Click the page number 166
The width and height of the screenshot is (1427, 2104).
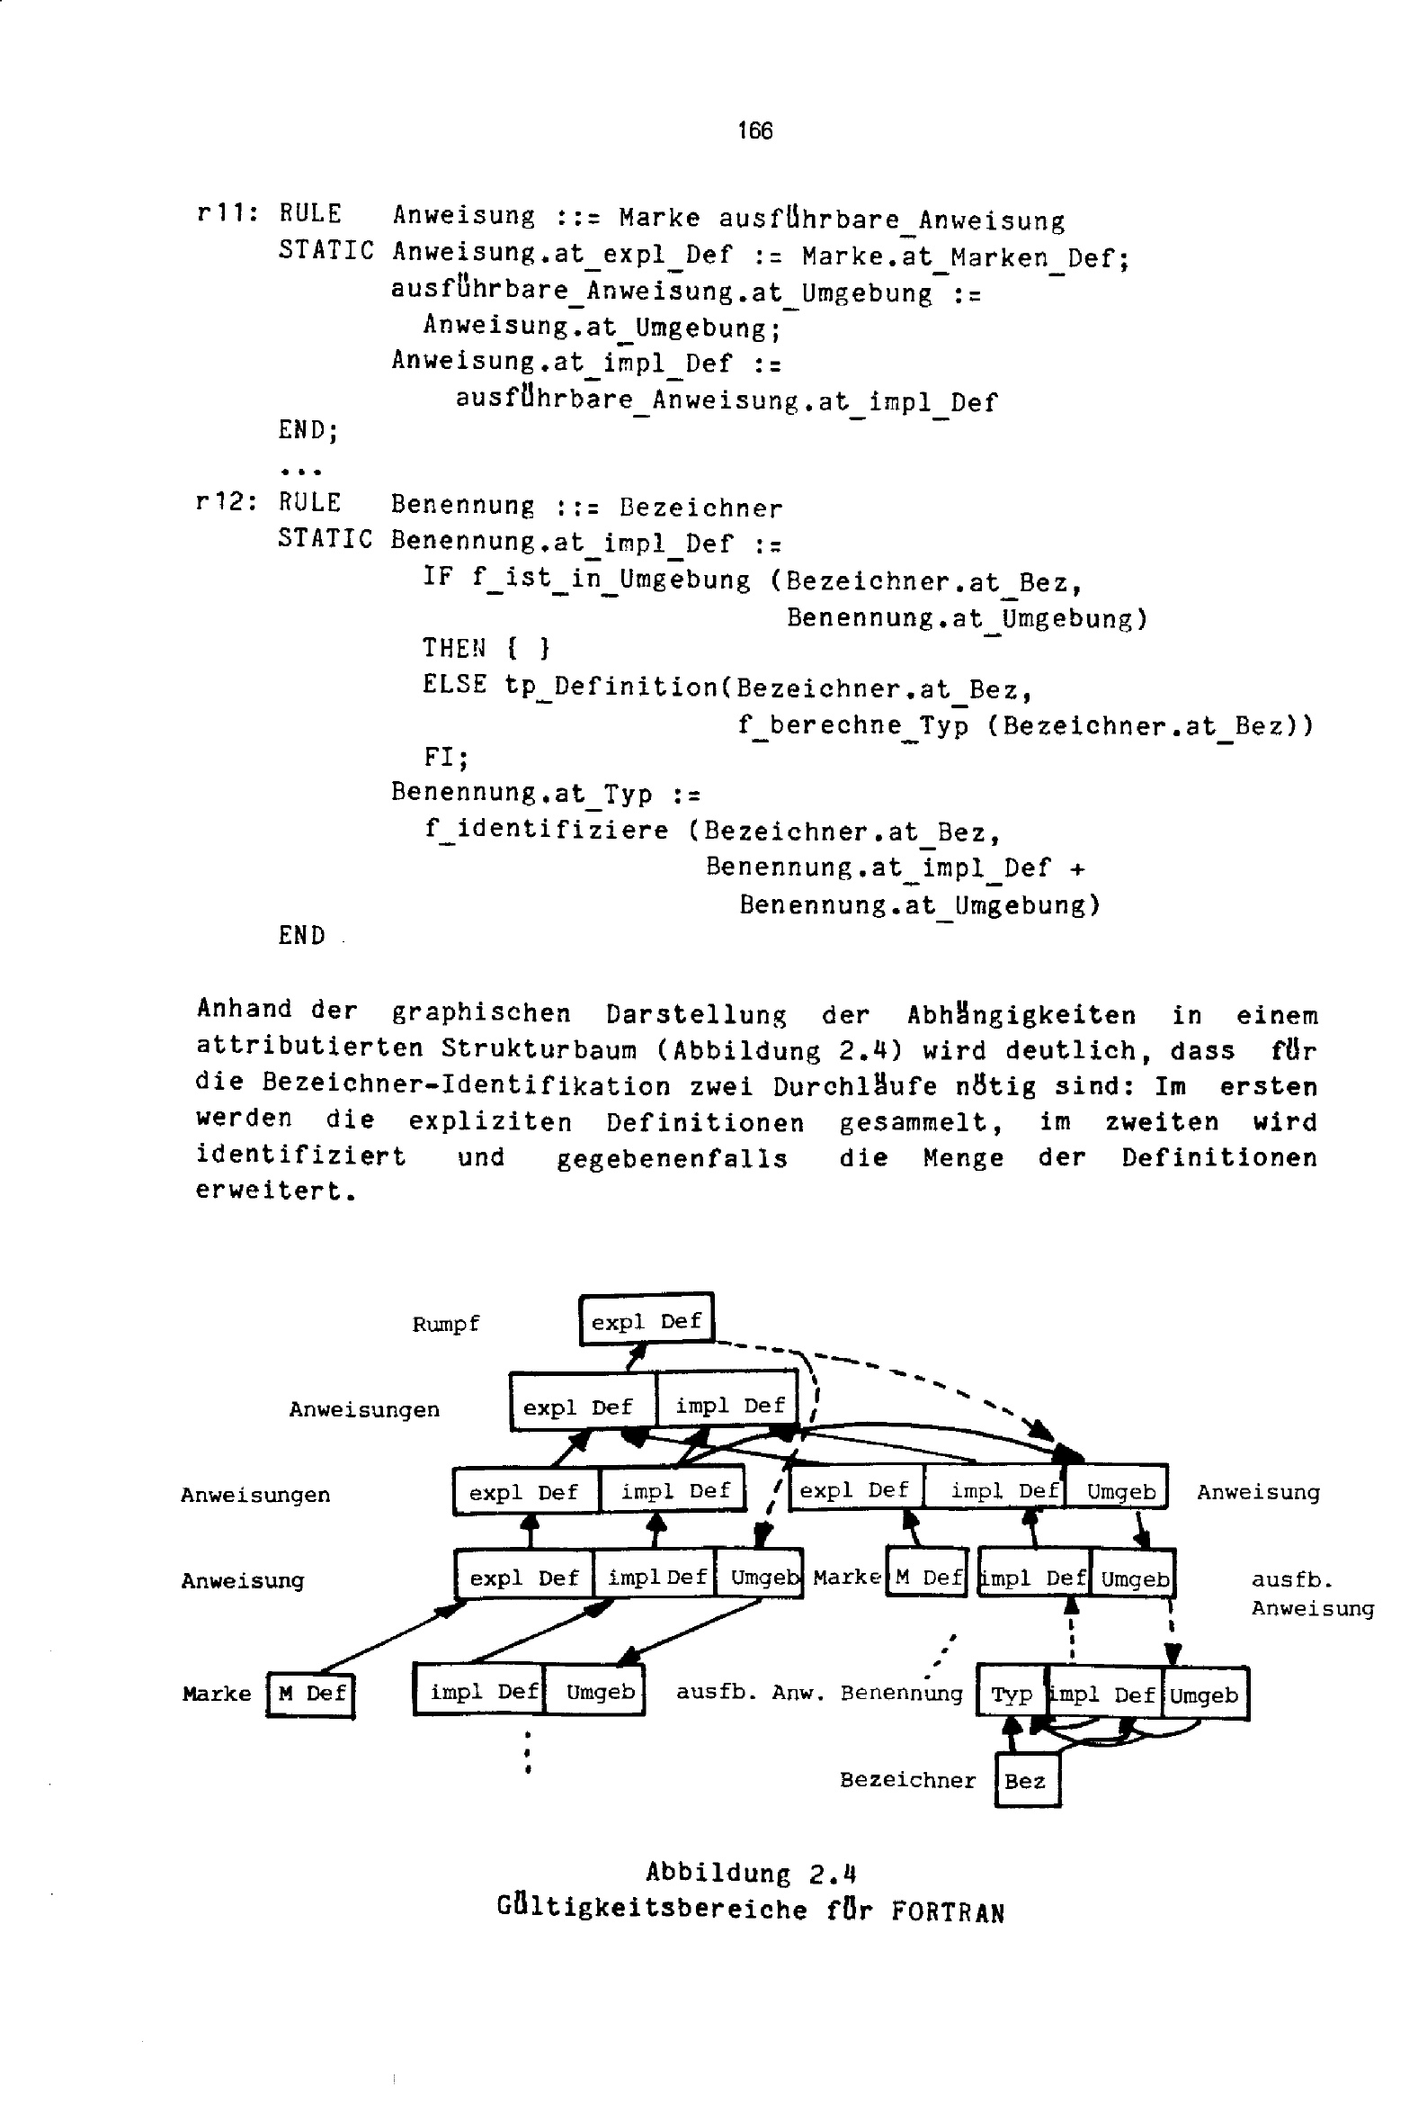754,131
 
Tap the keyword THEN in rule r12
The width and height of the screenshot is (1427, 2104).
454,648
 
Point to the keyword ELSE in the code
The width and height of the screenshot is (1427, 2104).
454,685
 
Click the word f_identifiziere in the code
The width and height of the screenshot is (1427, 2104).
547,830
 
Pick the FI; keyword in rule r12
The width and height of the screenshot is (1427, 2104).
446,757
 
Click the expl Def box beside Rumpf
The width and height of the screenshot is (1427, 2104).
647,1321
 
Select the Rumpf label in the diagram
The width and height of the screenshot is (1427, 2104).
445,1325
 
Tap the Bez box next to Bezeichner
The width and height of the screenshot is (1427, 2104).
1026,1781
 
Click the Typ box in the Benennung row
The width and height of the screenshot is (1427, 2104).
1012,1695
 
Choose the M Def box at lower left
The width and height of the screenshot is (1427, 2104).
311,1694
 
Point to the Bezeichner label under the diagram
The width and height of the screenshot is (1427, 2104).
907,1780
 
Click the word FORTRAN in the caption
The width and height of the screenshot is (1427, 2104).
948,1912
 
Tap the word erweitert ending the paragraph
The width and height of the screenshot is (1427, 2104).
272,1191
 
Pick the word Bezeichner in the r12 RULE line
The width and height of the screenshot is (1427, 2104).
700,508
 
